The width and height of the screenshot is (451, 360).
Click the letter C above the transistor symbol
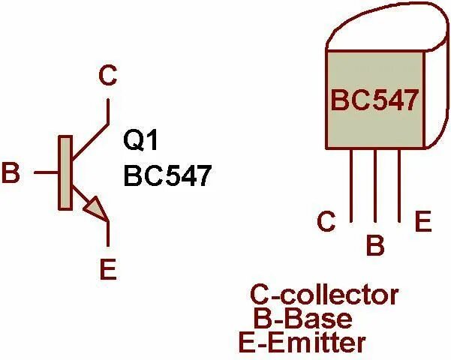pos(109,75)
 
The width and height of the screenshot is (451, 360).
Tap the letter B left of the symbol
pos(11,173)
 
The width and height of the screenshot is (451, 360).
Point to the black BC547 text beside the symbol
pos(167,177)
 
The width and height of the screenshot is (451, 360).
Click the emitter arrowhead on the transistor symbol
pos(95,207)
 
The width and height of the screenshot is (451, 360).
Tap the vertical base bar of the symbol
pos(65,173)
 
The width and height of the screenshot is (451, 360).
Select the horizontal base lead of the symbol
pos(46,173)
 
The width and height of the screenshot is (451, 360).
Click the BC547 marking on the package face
pos(373,100)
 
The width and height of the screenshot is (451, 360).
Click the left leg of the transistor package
pos(351,184)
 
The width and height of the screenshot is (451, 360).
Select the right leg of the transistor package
pos(398,184)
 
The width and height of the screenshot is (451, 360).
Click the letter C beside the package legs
pos(326,222)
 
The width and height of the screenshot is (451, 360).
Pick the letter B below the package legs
pos(374,244)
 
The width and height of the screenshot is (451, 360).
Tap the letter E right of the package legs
pos(423,222)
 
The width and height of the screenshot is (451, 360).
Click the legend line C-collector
pos(324,295)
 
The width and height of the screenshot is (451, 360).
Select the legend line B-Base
pos(303,319)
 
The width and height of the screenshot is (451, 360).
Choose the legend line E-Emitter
pos(302,343)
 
